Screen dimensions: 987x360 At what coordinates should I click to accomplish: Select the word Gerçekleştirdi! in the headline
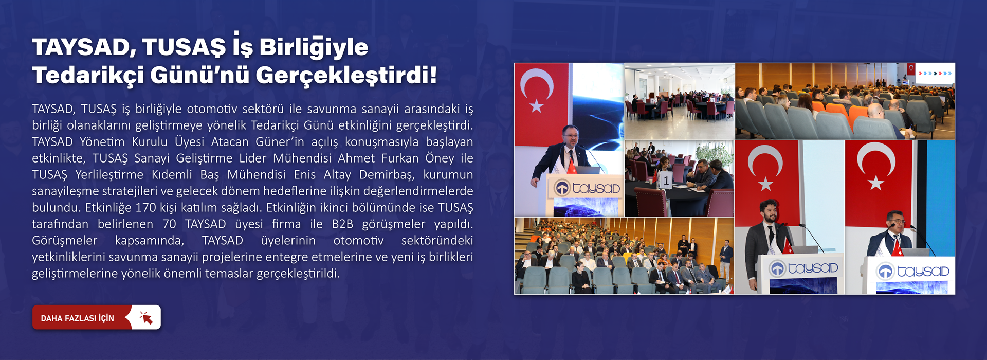[346, 76]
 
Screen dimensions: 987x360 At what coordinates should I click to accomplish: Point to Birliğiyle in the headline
[314, 47]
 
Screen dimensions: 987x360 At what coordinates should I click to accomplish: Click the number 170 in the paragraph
[145, 207]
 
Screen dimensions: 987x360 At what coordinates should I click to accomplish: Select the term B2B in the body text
[343, 224]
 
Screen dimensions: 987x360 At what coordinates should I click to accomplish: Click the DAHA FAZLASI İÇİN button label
[78, 318]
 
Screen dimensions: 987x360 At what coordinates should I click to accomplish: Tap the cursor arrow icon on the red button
[146, 318]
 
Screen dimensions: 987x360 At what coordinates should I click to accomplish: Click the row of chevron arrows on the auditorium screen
[935, 74]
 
